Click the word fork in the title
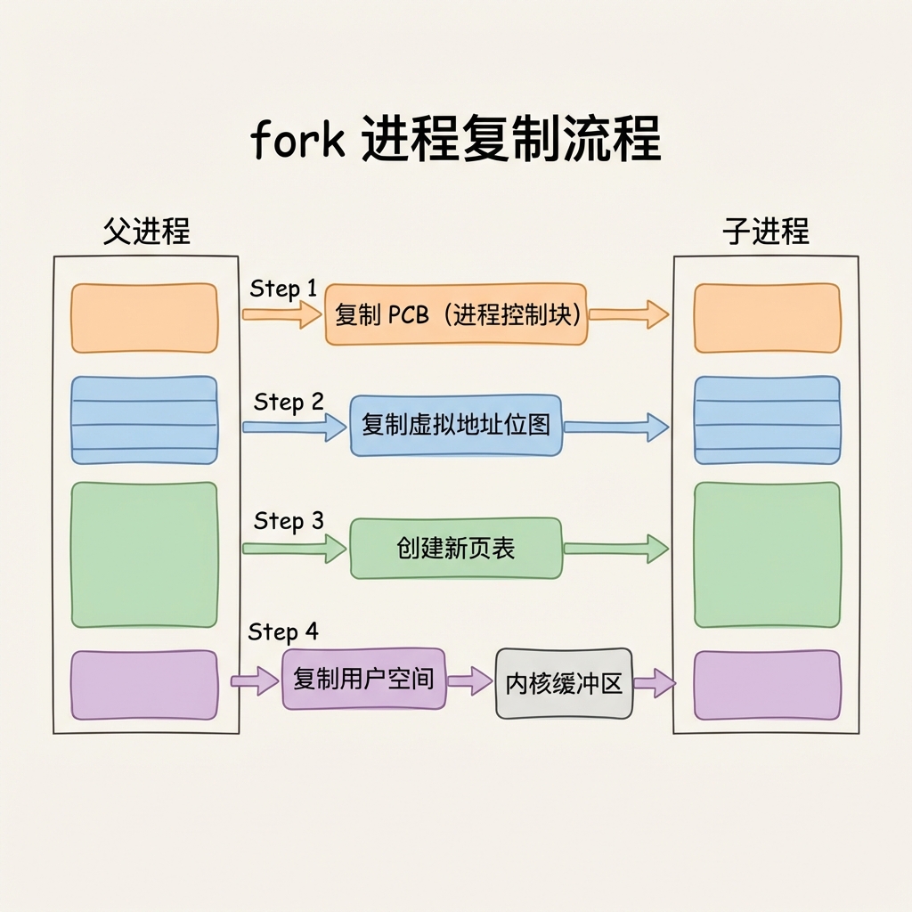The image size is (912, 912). point(297,139)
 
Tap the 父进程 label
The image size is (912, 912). point(147,231)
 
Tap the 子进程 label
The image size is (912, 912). point(765,231)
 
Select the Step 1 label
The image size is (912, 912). point(283,289)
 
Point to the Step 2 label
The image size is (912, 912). point(289,402)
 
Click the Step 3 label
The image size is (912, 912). point(289,520)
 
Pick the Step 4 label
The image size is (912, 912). point(283,631)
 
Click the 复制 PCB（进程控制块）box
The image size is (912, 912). point(456,314)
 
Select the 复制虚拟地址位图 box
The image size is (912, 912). point(456,425)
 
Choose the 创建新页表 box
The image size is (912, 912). point(456,548)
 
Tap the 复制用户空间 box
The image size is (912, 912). point(364,679)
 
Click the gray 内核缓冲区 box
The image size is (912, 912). point(564,683)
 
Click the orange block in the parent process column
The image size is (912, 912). point(144,318)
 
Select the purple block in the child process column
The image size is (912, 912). point(767,685)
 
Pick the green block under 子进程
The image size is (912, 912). point(767,555)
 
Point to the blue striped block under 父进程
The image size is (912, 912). point(144,420)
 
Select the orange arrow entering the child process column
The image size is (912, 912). point(629,314)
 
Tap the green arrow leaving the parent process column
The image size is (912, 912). point(294,549)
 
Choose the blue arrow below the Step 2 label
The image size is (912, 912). point(294,427)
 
